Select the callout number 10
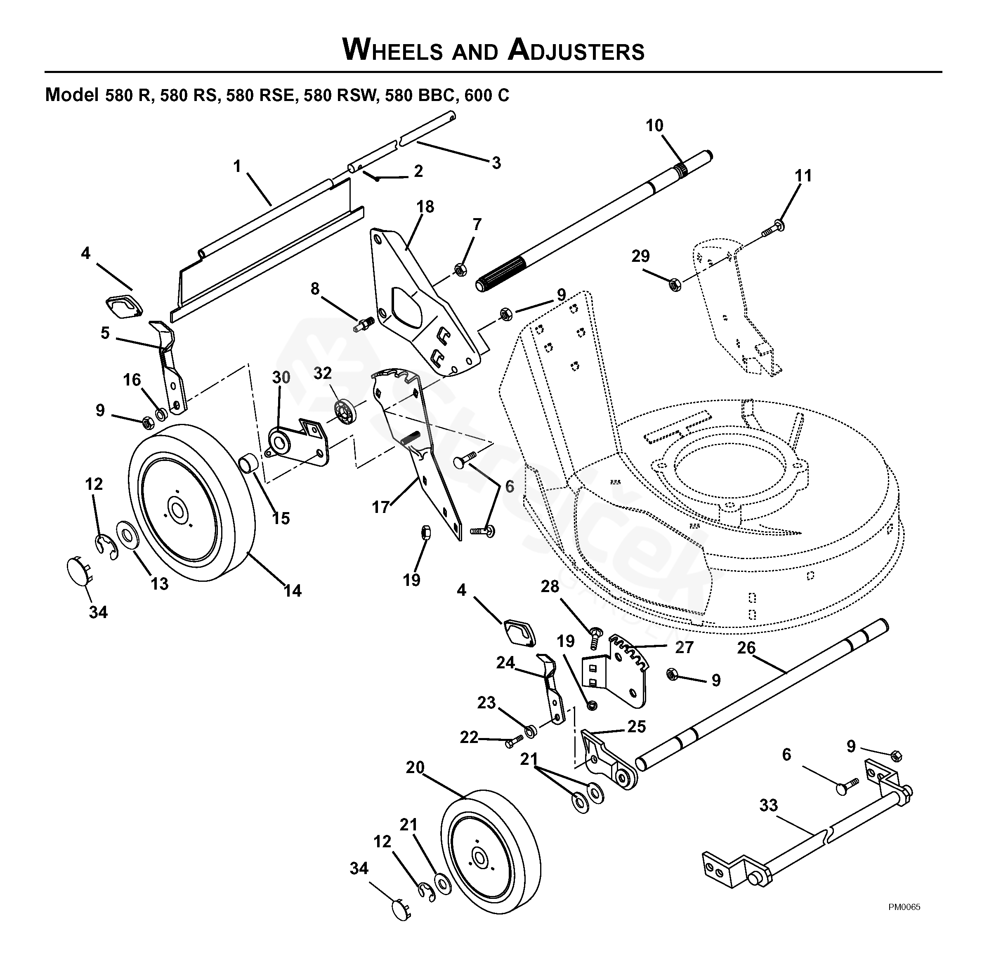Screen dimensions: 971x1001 tap(654, 125)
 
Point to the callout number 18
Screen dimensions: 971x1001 tap(425, 207)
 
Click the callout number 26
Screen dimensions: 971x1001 tap(746, 648)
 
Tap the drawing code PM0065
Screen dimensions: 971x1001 tap(904, 907)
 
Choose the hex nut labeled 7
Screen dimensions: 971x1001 tap(460, 269)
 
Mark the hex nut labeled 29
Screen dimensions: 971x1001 tap(675, 284)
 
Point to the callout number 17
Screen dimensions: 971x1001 tap(381, 507)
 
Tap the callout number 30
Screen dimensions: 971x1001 tap(281, 378)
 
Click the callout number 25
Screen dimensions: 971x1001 tap(636, 726)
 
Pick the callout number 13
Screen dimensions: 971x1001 tap(159, 584)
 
